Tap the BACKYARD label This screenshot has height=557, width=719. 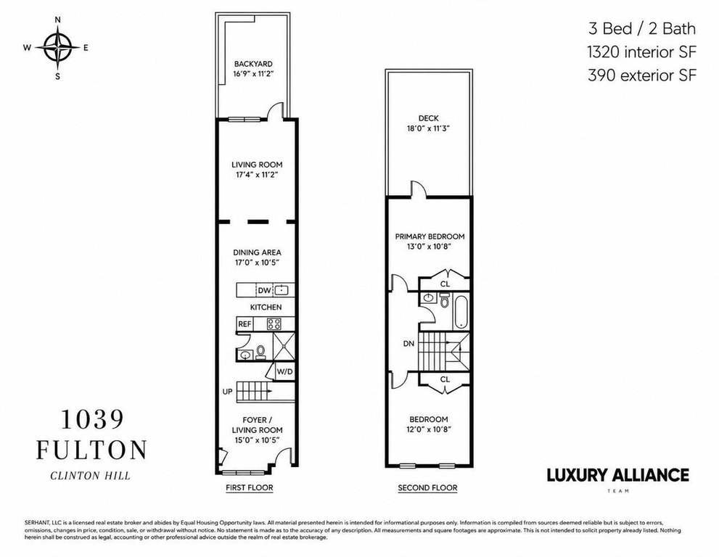(253, 64)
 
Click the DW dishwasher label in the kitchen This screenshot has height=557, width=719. (264, 290)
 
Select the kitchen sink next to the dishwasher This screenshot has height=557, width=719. (282, 289)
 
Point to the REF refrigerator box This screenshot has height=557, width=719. (245, 323)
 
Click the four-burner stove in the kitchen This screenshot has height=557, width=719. (274, 323)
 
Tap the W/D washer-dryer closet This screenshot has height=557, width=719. (284, 372)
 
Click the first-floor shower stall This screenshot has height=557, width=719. (284, 346)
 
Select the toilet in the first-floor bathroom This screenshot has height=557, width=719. (261, 352)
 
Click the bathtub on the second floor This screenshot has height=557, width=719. (461, 312)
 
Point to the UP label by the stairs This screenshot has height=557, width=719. (227, 392)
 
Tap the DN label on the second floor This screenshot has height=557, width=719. (408, 343)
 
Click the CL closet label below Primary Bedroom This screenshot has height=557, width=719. (445, 284)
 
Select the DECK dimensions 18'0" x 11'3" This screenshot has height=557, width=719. (428, 129)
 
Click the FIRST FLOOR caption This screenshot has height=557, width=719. (250, 487)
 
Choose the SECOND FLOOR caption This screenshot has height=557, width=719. (427, 487)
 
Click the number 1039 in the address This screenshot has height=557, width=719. (92, 419)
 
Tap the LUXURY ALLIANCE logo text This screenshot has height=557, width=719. (617, 475)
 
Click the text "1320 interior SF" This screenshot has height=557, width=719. (641, 52)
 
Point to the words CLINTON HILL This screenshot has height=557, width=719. (91, 476)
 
